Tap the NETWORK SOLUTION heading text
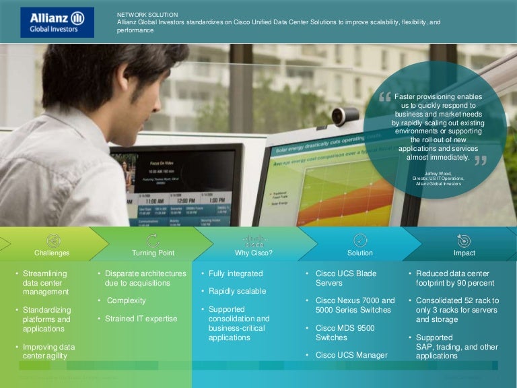[147, 13]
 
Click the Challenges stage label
[52, 253]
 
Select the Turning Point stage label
[153, 253]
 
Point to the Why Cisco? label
[254, 253]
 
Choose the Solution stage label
[359, 253]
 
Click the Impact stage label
[464, 253]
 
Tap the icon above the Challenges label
[53, 240]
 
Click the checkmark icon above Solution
[360, 240]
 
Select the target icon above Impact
[464, 240]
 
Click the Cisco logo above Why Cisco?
[254, 241]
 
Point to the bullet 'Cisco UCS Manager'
[351, 355]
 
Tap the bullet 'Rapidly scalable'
[237, 291]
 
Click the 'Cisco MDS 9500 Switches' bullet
[345, 332]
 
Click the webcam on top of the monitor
[345, 115]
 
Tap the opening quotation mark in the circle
[385, 98]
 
